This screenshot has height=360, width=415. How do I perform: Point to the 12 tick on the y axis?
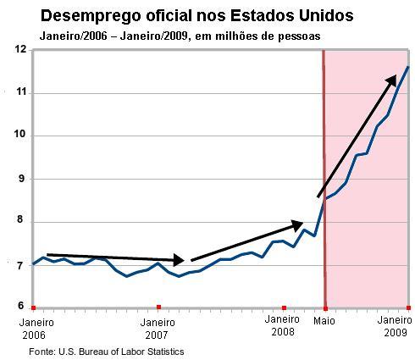click(20, 50)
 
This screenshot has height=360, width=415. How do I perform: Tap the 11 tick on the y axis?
click(20, 92)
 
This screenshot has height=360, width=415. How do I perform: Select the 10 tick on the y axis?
click(20, 136)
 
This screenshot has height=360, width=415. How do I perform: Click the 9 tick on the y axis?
click(21, 179)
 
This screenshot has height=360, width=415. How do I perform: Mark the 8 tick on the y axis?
click(21, 222)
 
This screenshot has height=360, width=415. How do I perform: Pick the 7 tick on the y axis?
click(21, 265)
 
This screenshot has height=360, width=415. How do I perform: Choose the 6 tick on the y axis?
click(21, 307)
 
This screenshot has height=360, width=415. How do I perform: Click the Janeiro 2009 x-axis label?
click(395, 327)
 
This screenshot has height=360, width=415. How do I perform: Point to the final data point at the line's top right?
click(408, 67)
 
